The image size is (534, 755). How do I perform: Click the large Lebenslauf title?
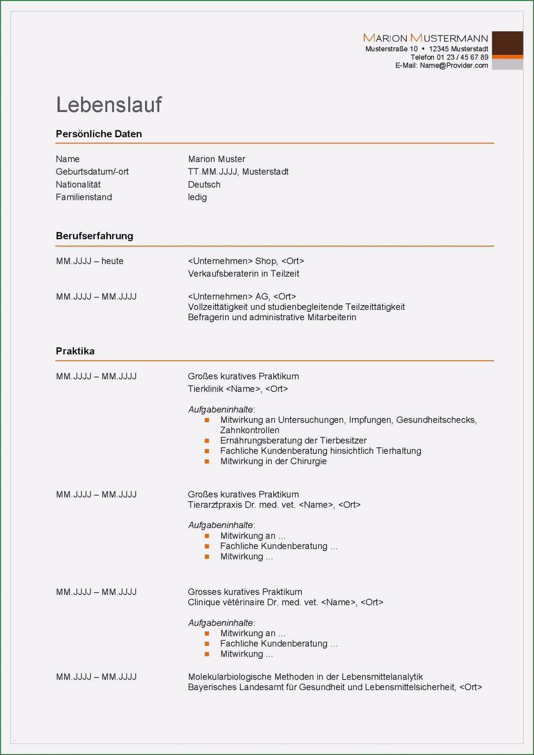coord(109,105)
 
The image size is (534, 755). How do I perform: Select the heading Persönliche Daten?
coord(98,134)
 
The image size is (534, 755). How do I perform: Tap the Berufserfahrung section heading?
coord(94,236)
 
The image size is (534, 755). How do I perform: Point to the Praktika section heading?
coord(75,351)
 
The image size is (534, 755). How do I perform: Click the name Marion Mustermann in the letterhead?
coord(425,38)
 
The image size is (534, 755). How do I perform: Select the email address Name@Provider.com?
coord(453,65)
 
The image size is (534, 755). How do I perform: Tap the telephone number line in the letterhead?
coord(449,57)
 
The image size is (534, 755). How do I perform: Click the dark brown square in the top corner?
coord(507,43)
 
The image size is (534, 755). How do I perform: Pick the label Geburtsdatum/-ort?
coord(92,172)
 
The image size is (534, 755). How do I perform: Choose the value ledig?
coord(197,197)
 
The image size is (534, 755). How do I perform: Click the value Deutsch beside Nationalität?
coord(204,185)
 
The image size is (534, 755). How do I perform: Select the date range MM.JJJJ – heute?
coord(90,261)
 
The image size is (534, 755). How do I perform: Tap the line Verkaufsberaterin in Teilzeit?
coord(243,274)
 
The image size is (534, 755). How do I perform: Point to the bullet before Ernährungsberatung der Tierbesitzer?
coord(207,441)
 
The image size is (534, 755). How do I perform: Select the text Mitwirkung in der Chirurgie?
coord(273,461)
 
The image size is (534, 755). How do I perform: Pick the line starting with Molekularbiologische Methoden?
coord(305,677)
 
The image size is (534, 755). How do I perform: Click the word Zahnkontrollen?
coord(250,430)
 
